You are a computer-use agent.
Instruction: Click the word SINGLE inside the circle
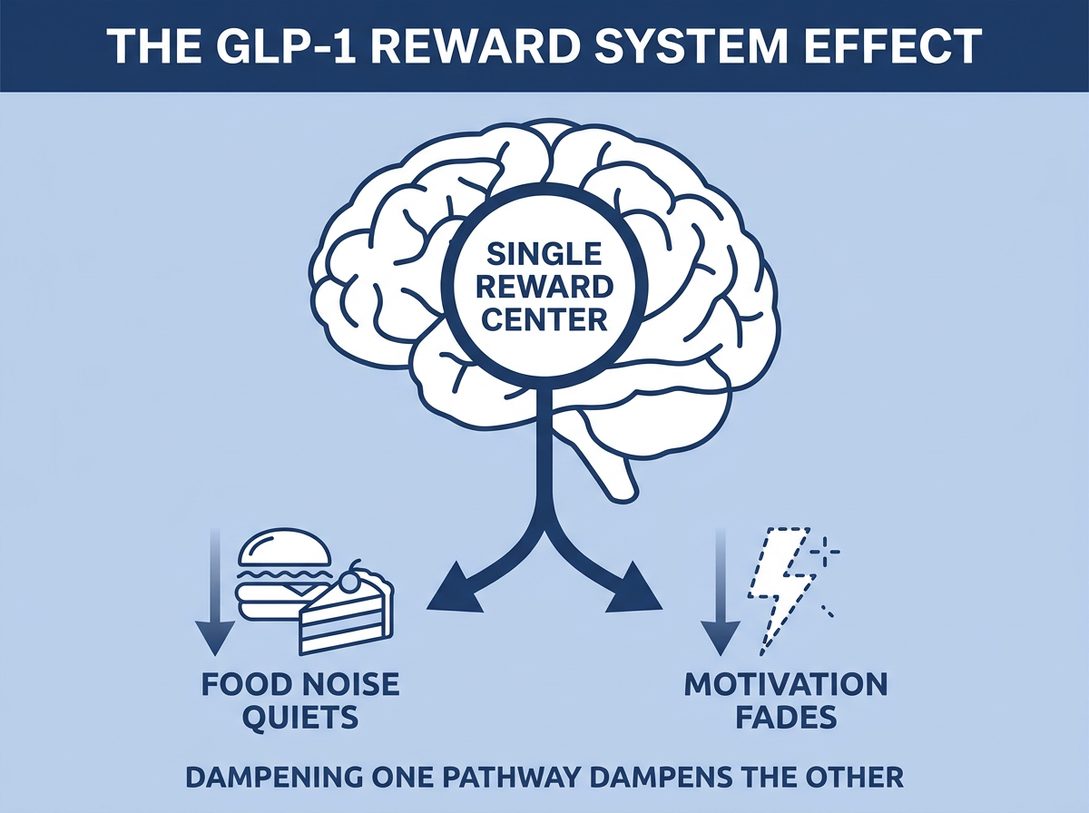coord(544,253)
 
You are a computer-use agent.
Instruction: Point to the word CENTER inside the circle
coord(544,319)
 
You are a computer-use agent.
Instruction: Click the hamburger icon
coord(283,574)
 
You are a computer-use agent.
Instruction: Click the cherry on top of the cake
coord(352,581)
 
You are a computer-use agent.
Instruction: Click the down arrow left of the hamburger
coord(215,593)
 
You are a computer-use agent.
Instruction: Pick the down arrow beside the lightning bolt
coord(721,593)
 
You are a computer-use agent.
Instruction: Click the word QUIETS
coord(301,716)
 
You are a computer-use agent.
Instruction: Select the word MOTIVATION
coord(786,684)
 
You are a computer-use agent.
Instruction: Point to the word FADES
coord(786,716)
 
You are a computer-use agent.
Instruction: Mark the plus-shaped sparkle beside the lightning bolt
coord(825,552)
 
